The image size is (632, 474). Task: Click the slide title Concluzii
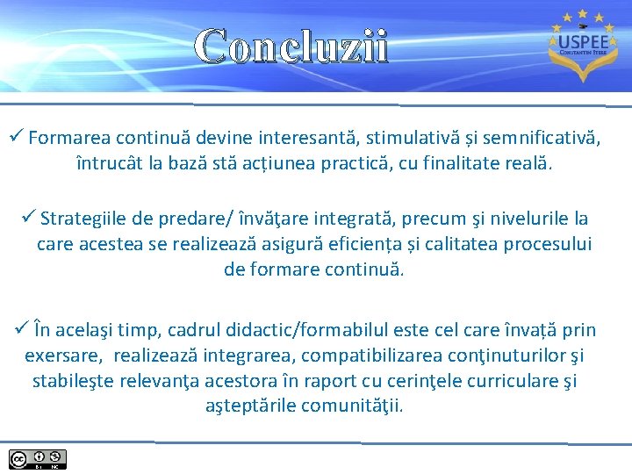click(291, 47)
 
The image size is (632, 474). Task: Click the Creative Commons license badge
click(38, 459)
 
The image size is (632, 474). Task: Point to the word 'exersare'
click(62, 355)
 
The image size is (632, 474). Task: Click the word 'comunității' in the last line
click(352, 406)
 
